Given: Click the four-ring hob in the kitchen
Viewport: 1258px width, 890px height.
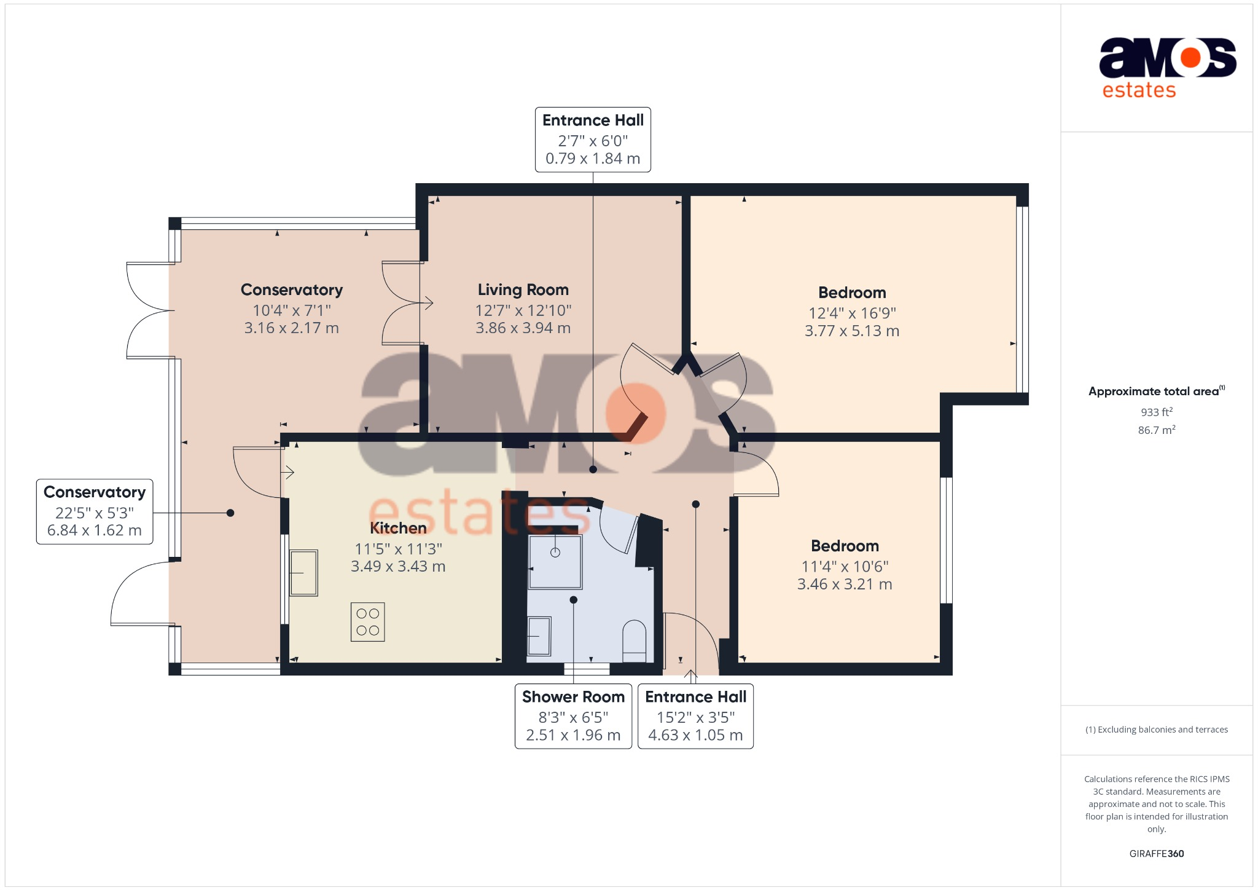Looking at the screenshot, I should pyautogui.click(x=367, y=622).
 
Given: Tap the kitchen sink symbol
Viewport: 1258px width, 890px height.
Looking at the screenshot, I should pyautogui.click(x=303, y=573).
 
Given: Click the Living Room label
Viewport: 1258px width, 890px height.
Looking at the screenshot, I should pyautogui.click(x=523, y=289).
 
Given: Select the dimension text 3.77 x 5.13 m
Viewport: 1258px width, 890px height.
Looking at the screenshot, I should pyautogui.click(x=851, y=331).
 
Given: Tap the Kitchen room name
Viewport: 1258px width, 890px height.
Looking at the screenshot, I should pyautogui.click(x=398, y=528).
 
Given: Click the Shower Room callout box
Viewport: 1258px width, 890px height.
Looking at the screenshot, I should pyautogui.click(x=572, y=716).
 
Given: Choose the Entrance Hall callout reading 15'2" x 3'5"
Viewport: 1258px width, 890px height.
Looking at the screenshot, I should pyautogui.click(x=695, y=716).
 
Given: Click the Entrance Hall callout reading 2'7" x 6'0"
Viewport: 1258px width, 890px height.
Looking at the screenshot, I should pyautogui.click(x=592, y=140).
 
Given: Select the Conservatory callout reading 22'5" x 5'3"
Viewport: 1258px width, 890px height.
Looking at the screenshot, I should pyautogui.click(x=95, y=511).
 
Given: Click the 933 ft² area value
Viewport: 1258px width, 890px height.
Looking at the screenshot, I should pyautogui.click(x=1156, y=412).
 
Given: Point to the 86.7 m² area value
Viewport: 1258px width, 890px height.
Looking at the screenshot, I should pyautogui.click(x=1156, y=430).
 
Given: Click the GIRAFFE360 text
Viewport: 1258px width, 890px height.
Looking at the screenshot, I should pyautogui.click(x=1156, y=854).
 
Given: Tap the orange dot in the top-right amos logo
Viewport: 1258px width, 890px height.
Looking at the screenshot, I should pyautogui.click(x=1190, y=58).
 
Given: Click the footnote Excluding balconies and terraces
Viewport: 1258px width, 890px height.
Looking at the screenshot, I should pyautogui.click(x=1156, y=730).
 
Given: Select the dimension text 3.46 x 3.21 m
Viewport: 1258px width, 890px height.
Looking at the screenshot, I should pyautogui.click(x=844, y=585).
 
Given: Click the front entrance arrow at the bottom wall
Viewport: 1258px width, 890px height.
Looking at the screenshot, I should pyautogui.click(x=691, y=676).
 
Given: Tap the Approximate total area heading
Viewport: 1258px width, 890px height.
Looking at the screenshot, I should pyautogui.click(x=1153, y=392).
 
